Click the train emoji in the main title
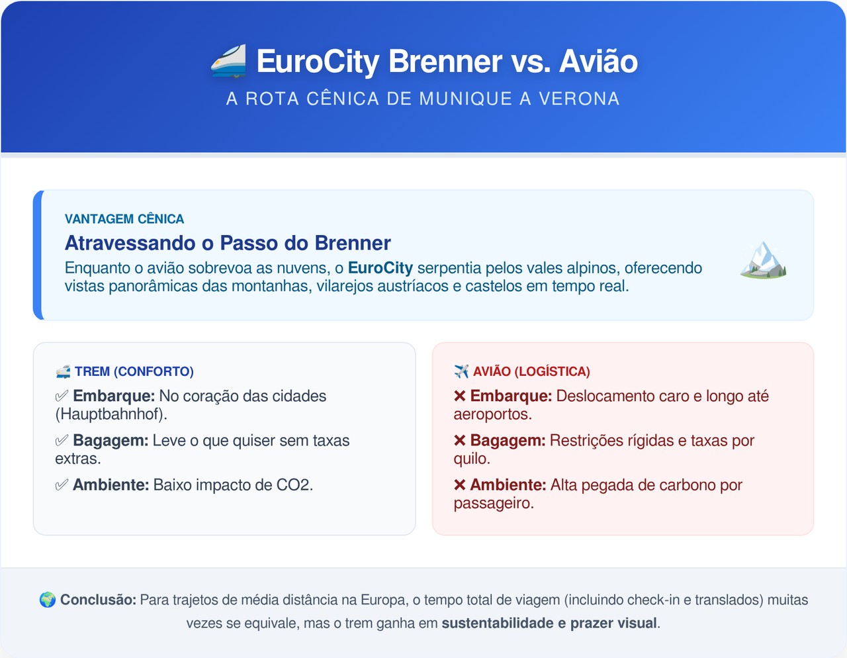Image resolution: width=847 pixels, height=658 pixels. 229,61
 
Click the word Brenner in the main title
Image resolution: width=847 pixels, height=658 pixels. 445,61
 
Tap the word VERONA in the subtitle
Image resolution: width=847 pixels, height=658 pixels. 578,99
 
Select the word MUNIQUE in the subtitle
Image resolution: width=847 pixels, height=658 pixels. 466,99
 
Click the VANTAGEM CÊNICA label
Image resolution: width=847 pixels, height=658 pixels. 124,219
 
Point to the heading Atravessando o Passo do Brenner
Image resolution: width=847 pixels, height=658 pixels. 228,243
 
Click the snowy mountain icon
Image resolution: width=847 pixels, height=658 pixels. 763,259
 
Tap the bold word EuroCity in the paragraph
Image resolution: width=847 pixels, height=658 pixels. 380,268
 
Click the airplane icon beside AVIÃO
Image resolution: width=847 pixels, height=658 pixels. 461,371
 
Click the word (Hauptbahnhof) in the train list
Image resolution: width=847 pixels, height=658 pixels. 111,414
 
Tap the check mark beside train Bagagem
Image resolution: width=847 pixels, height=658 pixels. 62,440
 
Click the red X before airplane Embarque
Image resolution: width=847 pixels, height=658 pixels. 459,396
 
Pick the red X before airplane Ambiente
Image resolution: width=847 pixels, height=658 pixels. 459,485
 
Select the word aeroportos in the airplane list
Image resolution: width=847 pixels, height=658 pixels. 493,414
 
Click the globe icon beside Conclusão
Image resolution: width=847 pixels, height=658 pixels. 48,600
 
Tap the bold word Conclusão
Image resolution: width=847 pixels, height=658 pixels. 98,600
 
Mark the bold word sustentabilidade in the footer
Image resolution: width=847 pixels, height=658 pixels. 498,623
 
